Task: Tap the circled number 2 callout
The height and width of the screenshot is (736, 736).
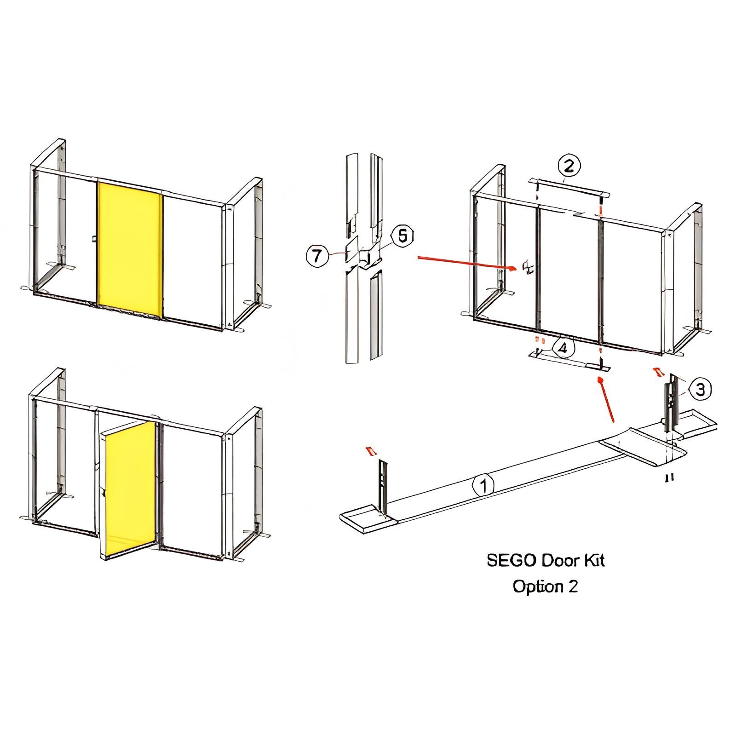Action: tap(569, 166)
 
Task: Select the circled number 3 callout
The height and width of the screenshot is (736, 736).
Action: tap(700, 390)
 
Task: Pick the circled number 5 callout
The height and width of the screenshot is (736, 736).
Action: tap(402, 236)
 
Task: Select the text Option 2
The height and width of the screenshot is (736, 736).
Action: tap(545, 587)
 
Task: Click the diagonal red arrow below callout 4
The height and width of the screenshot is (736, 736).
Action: tap(606, 399)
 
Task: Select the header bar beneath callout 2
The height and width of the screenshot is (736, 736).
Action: tap(570, 187)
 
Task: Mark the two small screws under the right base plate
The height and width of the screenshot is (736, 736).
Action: tap(670, 477)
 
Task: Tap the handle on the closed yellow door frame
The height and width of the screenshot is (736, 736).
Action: tap(94, 238)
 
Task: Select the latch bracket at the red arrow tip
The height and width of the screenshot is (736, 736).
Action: tap(527, 267)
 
